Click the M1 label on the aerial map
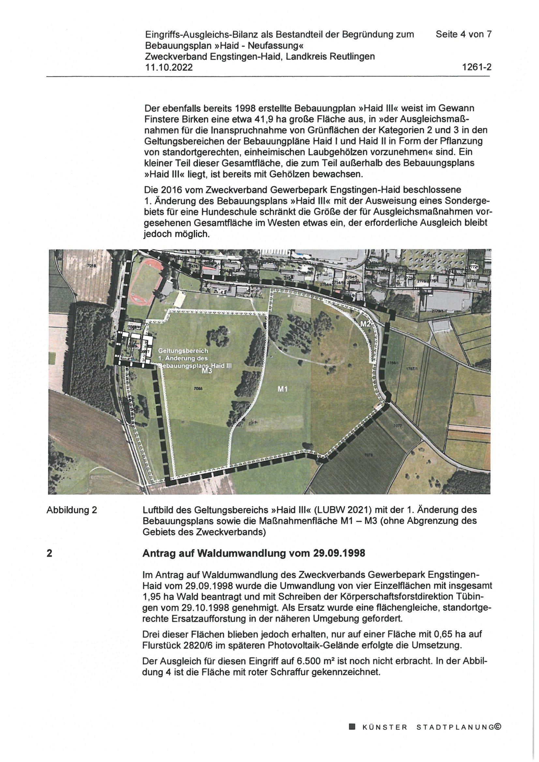[x=282, y=388]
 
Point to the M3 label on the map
[x=207, y=371]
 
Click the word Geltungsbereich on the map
[x=183, y=350]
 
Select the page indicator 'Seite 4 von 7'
[x=463, y=34]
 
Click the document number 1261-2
[x=477, y=67]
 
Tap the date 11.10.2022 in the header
[x=169, y=67]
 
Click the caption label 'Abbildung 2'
[x=72, y=510]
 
